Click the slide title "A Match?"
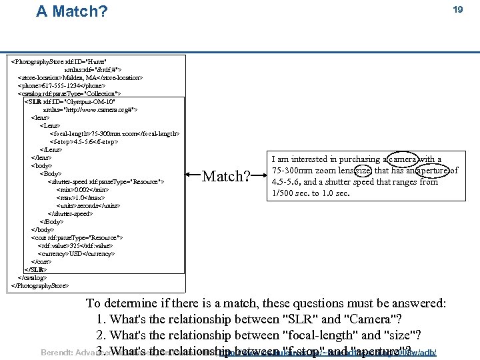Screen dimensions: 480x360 tap(71, 11)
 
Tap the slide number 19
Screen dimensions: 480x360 tap(457, 10)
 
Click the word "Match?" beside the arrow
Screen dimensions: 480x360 tap(226, 177)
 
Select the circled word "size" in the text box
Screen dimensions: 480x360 tap(353, 171)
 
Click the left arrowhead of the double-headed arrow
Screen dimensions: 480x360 tap(189, 177)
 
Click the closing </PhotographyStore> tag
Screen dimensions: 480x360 tap(40, 285)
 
